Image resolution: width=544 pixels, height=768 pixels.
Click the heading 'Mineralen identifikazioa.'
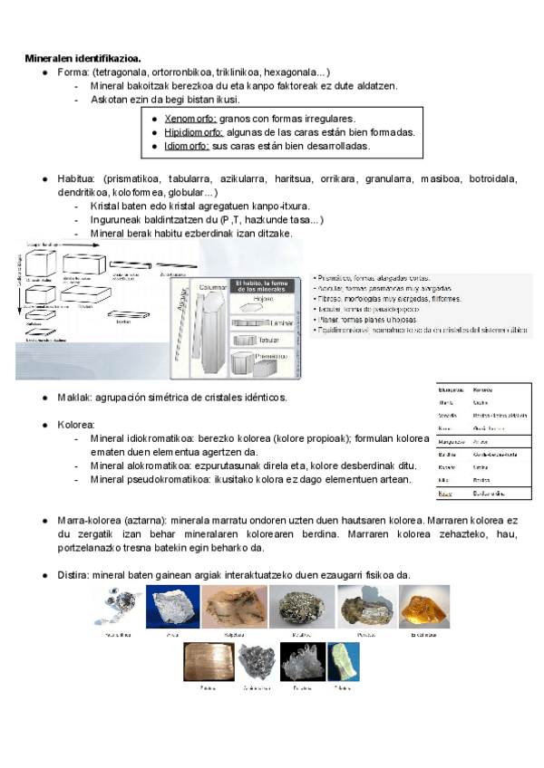(x=82, y=58)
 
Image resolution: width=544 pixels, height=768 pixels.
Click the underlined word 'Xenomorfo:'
(x=186, y=119)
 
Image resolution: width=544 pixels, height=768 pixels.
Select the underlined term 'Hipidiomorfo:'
(x=193, y=132)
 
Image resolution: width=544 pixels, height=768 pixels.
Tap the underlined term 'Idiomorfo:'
(x=187, y=146)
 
